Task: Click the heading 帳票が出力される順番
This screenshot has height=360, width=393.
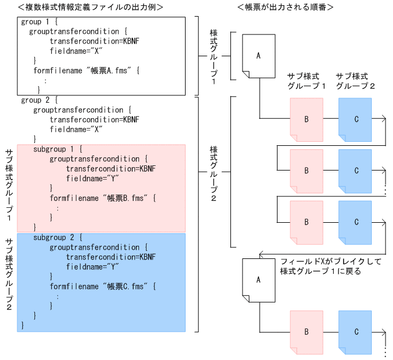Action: click(286, 7)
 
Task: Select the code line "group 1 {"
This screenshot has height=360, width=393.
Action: click(38, 22)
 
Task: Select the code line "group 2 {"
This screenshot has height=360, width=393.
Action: click(38, 100)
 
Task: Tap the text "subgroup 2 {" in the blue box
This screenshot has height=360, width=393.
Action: click(58, 237)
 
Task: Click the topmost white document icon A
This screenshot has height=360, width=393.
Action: click(258, 56)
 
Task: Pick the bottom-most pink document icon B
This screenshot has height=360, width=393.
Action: click(306, 332)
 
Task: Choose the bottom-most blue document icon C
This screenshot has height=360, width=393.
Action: click(356, 332)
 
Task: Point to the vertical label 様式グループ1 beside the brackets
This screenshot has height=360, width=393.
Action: click(213, 56)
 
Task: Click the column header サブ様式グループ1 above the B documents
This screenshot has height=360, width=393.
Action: click(307, 82)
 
